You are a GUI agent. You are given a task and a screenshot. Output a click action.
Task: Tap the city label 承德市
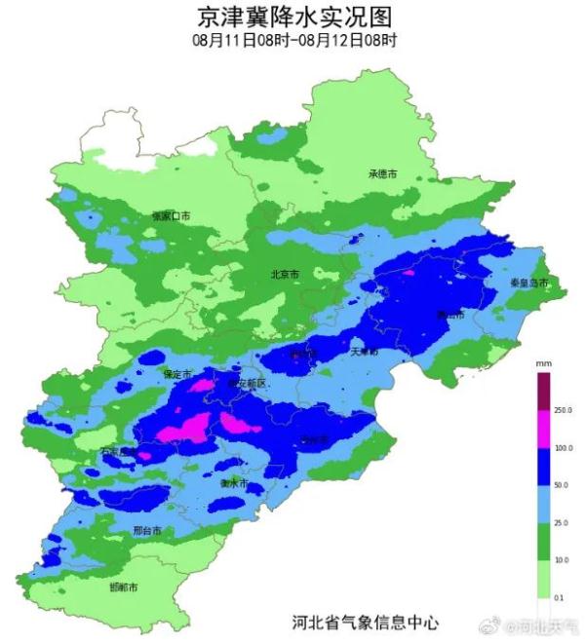[383, 174]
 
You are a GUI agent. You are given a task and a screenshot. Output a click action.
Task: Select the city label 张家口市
[172, 215]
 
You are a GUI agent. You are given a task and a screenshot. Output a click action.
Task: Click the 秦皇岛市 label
[529, 283]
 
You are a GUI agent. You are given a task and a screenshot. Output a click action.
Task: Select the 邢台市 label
[147, 531]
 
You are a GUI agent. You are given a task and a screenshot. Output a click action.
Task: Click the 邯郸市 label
[123, 587]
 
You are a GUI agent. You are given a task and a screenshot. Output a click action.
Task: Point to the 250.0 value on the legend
[562, 410]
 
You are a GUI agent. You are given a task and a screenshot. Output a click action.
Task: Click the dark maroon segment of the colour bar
[543, 390]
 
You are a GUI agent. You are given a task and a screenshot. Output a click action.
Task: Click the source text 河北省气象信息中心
[366, 621]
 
